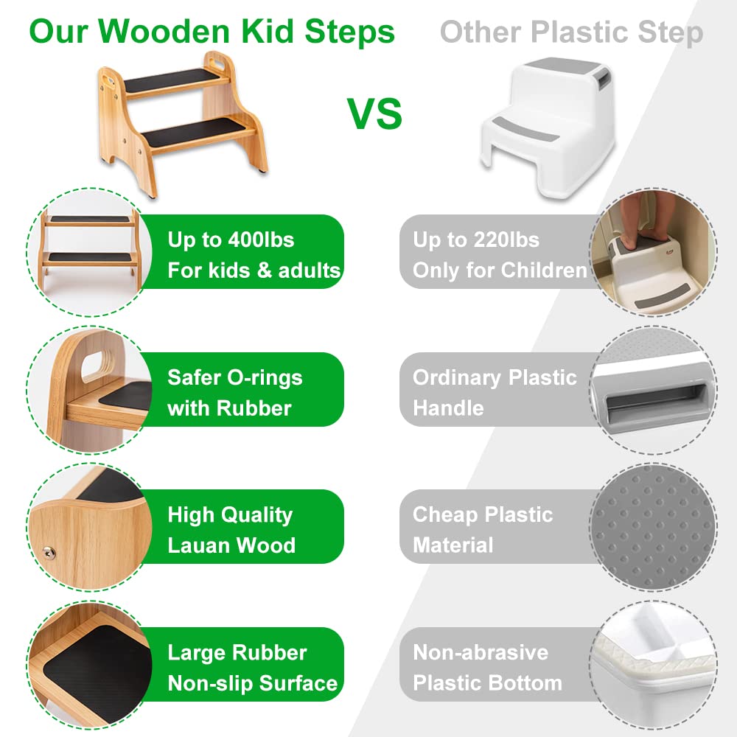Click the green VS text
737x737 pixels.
coord(374,113)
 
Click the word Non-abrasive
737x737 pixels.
coord(481,652)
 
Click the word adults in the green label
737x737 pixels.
coord(309,270)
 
